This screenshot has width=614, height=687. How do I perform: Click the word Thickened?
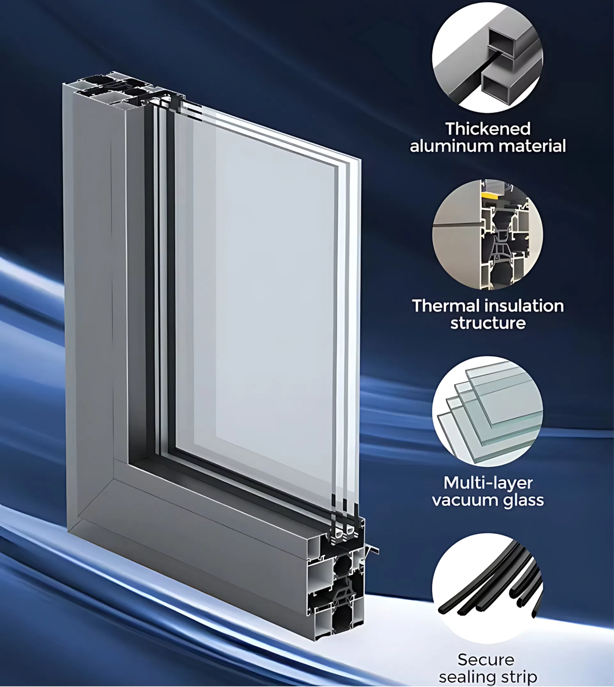[x=487, y=129]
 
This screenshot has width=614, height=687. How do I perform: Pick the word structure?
[x=488, y=323]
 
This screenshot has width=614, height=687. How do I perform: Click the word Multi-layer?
[x=488, y=483]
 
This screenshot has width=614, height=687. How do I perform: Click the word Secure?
[x=486, y=660]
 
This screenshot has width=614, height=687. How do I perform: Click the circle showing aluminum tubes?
[x=487, y=58]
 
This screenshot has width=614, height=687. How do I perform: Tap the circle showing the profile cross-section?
[x=487, y=234]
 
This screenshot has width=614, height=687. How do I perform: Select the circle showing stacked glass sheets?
[x=487, y=411]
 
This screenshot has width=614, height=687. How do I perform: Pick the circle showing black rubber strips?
[x=487, y=589]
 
